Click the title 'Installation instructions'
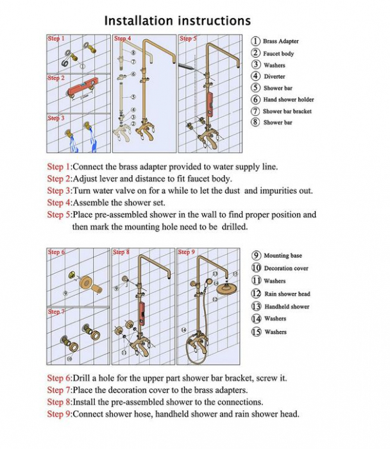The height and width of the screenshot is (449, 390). (178, 21)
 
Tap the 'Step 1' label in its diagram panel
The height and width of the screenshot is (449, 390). (56, 38)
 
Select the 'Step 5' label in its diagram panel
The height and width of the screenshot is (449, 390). (188, 38)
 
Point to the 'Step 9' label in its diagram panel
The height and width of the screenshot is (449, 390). (187, 252)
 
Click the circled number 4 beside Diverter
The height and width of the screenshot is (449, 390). (255, 76)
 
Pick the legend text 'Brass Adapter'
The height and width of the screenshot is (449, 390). (281, 41)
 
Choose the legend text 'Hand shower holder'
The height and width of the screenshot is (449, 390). (289, 99)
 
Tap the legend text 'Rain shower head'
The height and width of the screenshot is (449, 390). (287, 294)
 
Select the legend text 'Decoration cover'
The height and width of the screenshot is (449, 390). (286, 268)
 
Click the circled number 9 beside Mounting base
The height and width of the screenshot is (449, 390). (256, 255)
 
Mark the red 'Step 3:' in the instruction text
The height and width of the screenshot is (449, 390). (59, 191)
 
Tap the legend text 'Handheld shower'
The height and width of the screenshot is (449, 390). (286, 307)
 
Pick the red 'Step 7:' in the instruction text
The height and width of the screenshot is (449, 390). (59, 390)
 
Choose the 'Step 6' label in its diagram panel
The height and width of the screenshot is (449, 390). (56, 252)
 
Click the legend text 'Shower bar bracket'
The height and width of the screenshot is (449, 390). (287, 111)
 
